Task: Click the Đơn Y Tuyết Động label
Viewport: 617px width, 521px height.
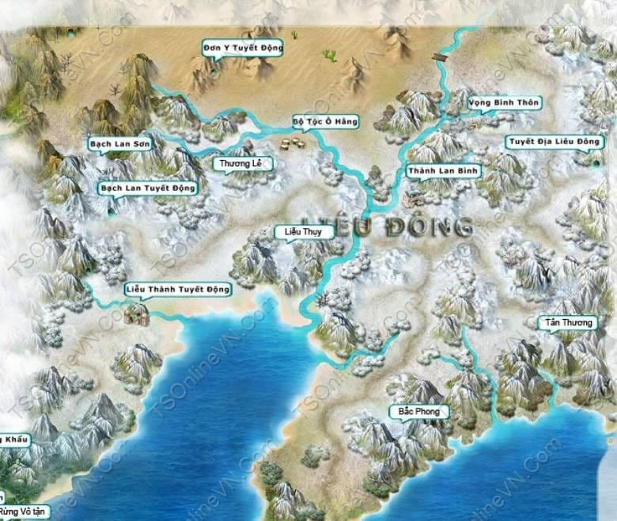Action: [x=243, y=48]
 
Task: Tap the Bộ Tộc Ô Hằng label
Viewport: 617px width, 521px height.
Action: [x=325, y=121]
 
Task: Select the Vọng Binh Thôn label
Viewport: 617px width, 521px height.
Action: [x=493, y=103]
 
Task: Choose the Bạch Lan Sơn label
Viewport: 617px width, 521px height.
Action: [x=119, y=144]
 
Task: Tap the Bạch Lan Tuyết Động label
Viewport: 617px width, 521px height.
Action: [x=148, y=188]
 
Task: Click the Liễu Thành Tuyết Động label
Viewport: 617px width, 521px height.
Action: [x=178, y=290]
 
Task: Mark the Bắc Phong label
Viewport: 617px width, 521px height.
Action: [x=418, y=412]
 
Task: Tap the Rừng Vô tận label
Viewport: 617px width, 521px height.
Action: [x=24, y=511]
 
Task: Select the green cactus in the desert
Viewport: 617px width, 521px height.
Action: [x=329, y=55]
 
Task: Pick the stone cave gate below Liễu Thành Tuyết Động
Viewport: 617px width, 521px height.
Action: [x=136, y=315]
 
